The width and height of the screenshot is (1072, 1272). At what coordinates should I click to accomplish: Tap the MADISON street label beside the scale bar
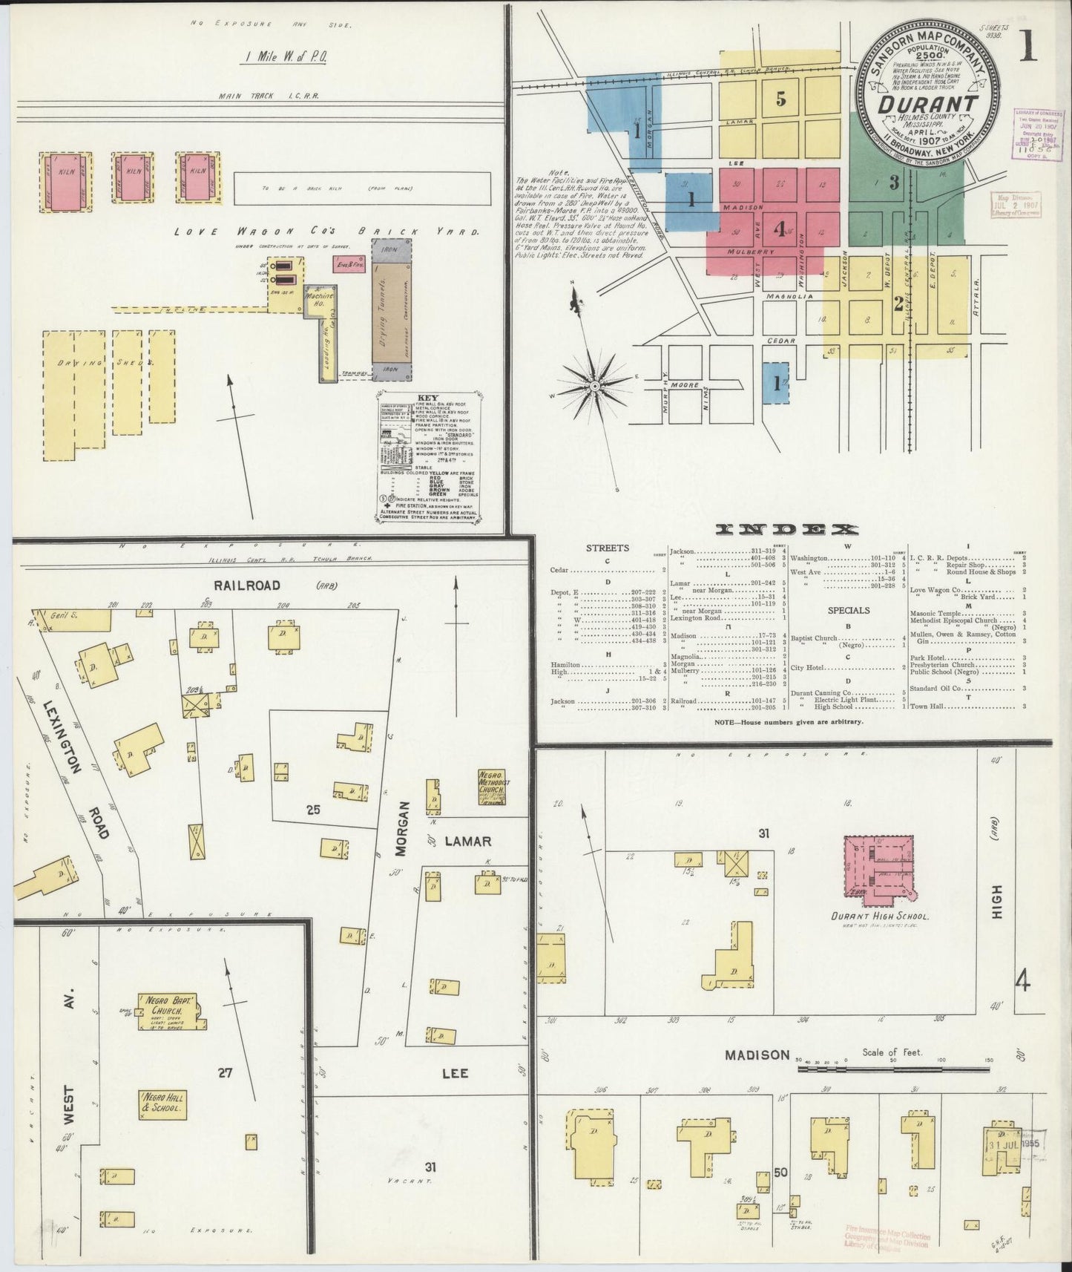pyautogui.click(x=757, y=1055)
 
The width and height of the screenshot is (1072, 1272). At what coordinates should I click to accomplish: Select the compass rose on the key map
pyautogui.click(x=595, y=386)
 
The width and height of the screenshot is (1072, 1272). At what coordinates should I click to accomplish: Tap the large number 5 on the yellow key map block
pyautogui.click(x=780, y=98)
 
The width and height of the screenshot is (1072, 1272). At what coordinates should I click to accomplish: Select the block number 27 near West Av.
pyautogui.click(x=226, y=1072)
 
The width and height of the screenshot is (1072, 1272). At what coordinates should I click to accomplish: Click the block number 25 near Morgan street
pyautogui.click(x=312, y=809)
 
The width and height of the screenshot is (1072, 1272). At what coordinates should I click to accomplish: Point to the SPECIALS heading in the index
pyautogui.click(x=849, y=611)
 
